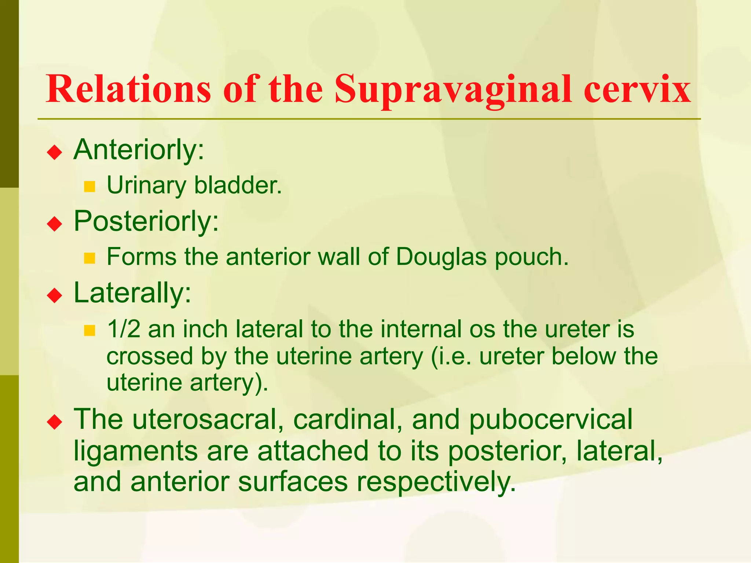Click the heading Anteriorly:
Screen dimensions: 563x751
[139, 150]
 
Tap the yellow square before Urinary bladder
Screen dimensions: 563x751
[89, 187]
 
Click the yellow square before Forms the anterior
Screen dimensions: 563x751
[89, 258]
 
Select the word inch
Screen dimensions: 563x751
[205, 329]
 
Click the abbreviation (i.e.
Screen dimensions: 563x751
[451, 356]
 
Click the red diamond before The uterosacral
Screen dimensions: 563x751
[55, 422]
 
